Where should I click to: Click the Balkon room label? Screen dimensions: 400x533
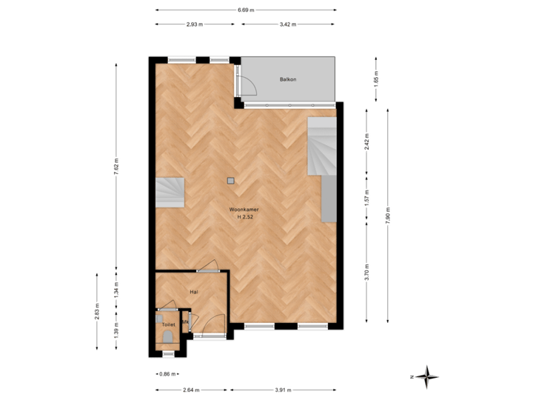pos(288,79)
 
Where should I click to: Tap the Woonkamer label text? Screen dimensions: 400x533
pos(244,210)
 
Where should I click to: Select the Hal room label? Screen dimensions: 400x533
pos(193,292)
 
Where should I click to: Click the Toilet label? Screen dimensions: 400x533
pos(168,324)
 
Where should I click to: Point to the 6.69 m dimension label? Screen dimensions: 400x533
pos(247,10)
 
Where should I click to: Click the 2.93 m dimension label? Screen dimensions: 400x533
pos(195,24)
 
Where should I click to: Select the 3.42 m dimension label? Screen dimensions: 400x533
pos(287,24)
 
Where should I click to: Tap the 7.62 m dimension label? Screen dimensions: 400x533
pos(115,169)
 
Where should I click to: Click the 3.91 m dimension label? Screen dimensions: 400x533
pos(284,390)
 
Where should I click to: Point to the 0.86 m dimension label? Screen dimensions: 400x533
pos(168,374)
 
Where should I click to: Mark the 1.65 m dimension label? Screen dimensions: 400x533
pos(375,80)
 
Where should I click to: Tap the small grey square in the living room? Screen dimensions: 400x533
pos(230,180)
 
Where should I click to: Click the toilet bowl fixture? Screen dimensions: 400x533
pos(168,338)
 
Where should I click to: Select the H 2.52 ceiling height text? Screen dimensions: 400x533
pos(245,218)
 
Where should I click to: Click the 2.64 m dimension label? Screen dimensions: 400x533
pos(191,390)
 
